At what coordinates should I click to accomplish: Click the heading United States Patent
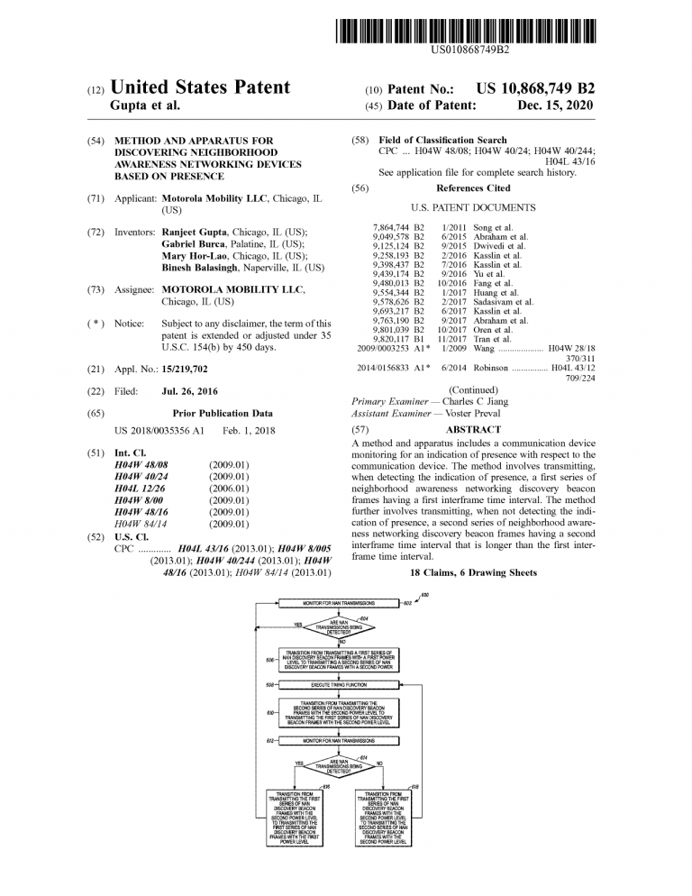tap(200, 87)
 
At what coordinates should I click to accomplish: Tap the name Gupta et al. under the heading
tap(145, 105)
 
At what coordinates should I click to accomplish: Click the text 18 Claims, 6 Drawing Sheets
tap(473, 572)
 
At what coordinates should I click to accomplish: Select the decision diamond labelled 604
tap(338, 626)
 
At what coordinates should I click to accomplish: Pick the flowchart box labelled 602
tap(338, 602)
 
